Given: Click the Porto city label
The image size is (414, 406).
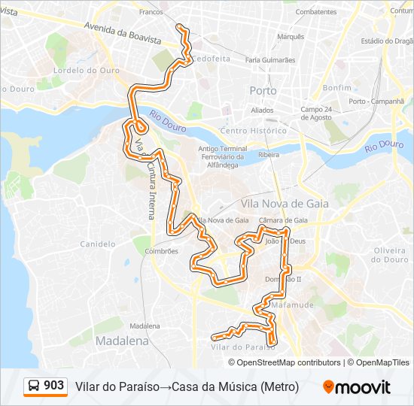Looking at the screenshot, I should click(263, 90).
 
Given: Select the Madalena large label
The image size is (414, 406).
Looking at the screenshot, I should click(122, 341).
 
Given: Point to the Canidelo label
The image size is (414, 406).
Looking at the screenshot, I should click(98, 244).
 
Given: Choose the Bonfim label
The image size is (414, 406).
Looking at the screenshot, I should click(336, 87).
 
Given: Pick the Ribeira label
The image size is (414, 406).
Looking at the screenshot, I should click(269, 154).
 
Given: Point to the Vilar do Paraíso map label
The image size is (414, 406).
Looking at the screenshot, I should click(239, 347).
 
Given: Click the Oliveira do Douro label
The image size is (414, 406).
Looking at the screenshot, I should click(389, 255).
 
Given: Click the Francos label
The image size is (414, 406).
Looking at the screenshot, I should click(151, 12).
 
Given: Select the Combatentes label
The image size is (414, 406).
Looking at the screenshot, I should click(316, 12).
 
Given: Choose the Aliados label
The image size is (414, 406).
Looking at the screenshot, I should click(262, 110).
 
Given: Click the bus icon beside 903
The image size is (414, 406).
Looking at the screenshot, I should click(35, 386).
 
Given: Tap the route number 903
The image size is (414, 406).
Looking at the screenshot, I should click(54, 386).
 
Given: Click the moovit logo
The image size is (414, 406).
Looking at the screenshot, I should click(357, 387).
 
